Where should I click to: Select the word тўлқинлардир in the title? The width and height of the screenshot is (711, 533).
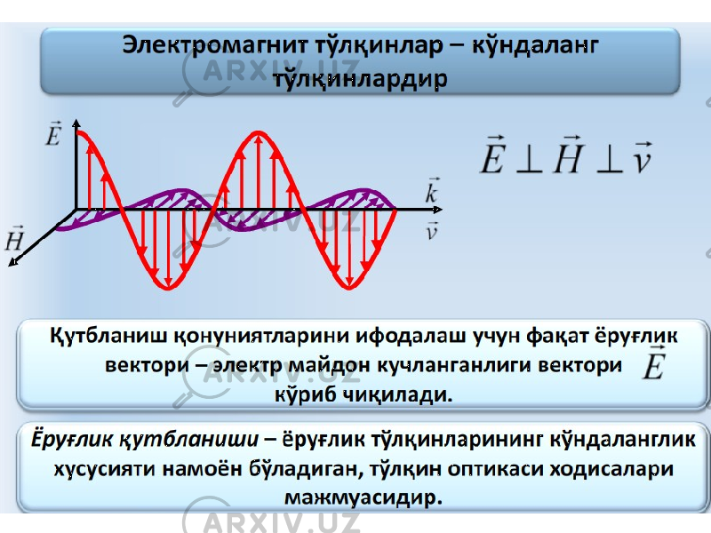click(x=361, y=79)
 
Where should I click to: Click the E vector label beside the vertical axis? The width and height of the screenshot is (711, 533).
click(x=53, y=133)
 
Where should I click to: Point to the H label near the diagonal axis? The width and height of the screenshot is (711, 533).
click(x=14, y=239)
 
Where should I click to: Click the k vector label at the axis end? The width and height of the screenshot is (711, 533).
click(x=432, y=190)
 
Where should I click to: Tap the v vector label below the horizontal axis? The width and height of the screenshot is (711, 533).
click(x=432, y=231)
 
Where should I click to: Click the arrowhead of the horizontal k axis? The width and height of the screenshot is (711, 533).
click(x=437, y=210)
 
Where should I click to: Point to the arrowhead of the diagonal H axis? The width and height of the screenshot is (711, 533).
click(x=13, y=262)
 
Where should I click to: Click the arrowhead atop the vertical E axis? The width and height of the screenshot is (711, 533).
click(x=76, y=123)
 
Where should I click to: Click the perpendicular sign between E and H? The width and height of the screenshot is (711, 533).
click(x=529, y=160)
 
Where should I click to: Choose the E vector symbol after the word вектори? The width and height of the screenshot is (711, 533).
click(x=653, y=362)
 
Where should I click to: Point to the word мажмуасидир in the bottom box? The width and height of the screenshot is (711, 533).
click(x=363, y=497)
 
